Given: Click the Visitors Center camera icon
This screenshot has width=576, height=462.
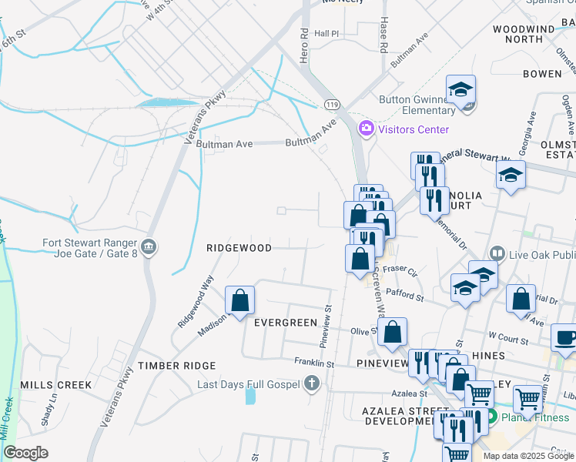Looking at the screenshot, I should (x=366, y=128).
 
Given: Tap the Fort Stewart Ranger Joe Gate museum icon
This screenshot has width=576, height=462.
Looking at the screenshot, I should (x=149, y=247).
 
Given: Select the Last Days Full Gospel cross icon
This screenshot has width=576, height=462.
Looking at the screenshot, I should (x=311, y=383).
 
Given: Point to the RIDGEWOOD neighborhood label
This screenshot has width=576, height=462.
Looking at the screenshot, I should (x=239, y=248).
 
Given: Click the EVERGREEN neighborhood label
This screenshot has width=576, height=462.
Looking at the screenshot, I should (x=285, y=322).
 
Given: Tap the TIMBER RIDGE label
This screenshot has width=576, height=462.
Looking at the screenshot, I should (x=169, y=365).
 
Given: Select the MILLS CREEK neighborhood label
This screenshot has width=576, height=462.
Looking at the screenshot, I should (x=55, y=384).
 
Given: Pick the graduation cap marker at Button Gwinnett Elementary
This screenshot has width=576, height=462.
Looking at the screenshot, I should (x=460, y=89).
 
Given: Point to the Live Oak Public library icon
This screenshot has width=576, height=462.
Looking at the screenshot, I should (x=497, y=254).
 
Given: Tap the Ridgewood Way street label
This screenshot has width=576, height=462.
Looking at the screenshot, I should (x=196, y=303).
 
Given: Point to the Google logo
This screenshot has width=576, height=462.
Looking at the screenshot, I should (x=26, y=453).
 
